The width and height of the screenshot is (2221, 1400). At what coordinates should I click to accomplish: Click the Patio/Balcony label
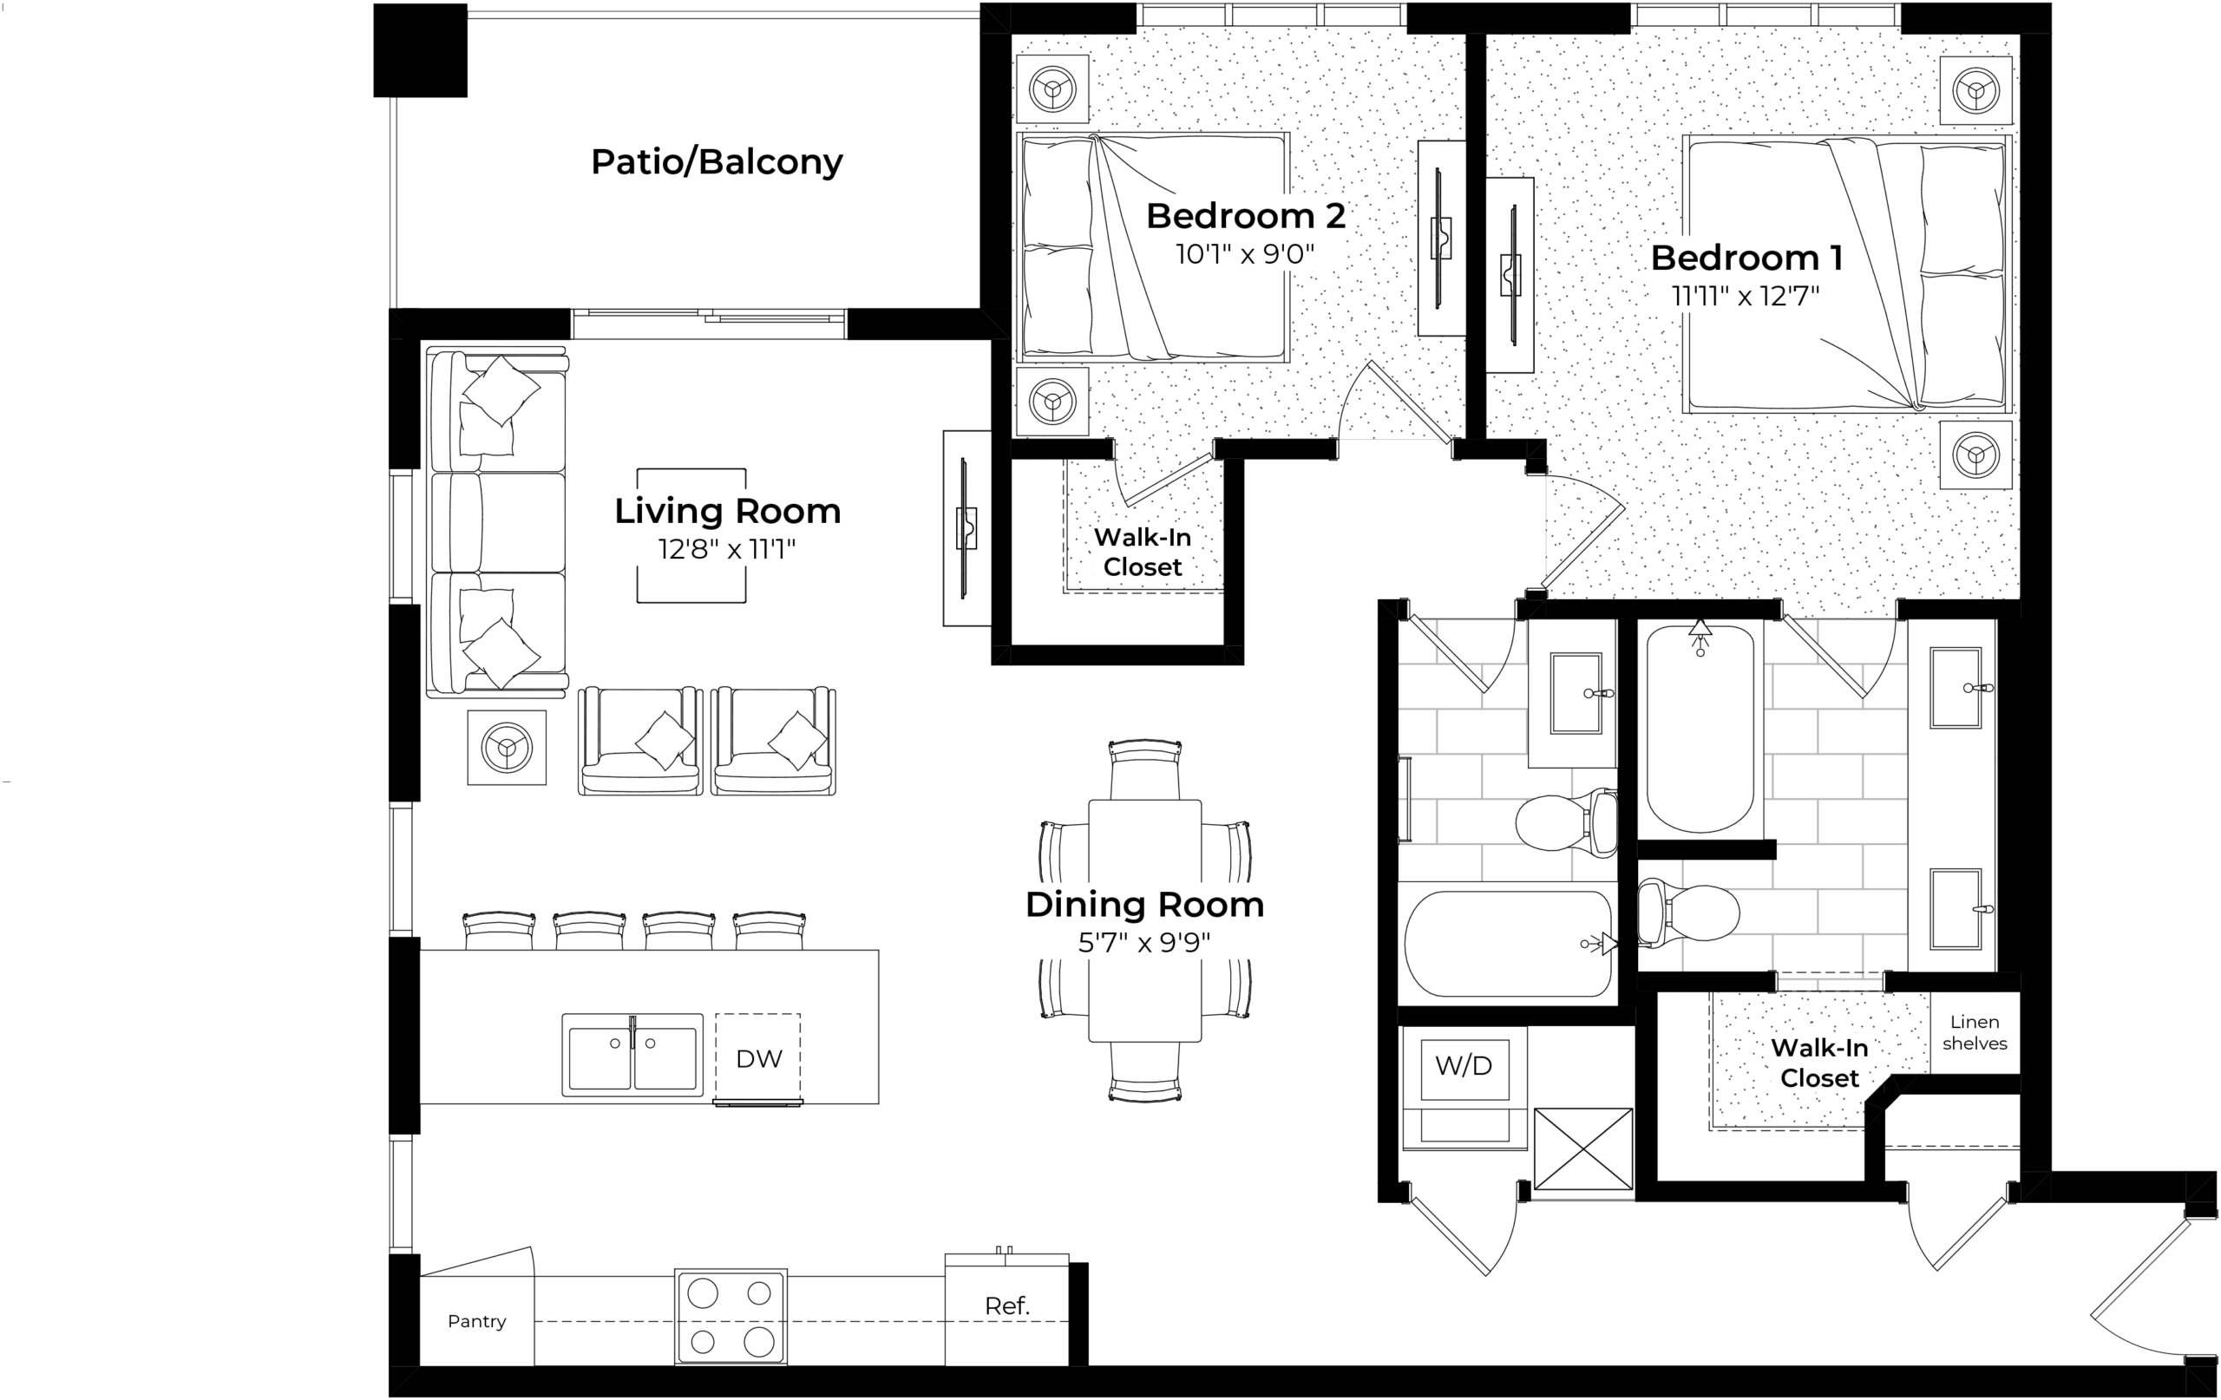point(717,162)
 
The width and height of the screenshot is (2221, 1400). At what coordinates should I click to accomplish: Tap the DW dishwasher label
point(759,1059)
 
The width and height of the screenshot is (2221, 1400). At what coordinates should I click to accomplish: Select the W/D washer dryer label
point(1464,1066)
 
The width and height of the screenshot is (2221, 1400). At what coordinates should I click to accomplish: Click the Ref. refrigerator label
point(1007,1306)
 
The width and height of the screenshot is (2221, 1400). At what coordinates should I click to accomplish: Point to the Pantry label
point(477,1322)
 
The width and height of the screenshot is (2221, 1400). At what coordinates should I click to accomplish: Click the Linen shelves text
point(1975,1033)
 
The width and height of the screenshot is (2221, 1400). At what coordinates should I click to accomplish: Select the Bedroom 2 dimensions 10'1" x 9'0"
point(1245,253)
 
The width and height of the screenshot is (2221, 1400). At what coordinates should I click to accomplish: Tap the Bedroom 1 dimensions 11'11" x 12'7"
point(1746,296)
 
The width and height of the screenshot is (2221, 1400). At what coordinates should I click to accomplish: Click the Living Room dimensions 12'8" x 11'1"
point(727,550)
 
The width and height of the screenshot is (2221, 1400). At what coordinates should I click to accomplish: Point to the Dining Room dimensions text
point(1144,943)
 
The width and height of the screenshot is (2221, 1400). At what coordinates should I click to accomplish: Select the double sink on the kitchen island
point(632,1055)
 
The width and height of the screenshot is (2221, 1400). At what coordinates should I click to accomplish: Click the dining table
point(1144,920)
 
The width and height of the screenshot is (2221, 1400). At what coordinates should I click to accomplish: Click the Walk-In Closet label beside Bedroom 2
point(1143,553)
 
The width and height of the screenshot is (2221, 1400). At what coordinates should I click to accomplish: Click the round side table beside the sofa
point(507,748)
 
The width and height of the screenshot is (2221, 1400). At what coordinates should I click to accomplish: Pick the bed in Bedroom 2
point(1153,247)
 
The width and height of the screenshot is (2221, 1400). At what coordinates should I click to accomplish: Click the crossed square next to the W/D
point(1583,1149)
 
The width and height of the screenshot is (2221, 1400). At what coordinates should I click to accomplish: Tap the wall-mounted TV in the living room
point(966,528)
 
